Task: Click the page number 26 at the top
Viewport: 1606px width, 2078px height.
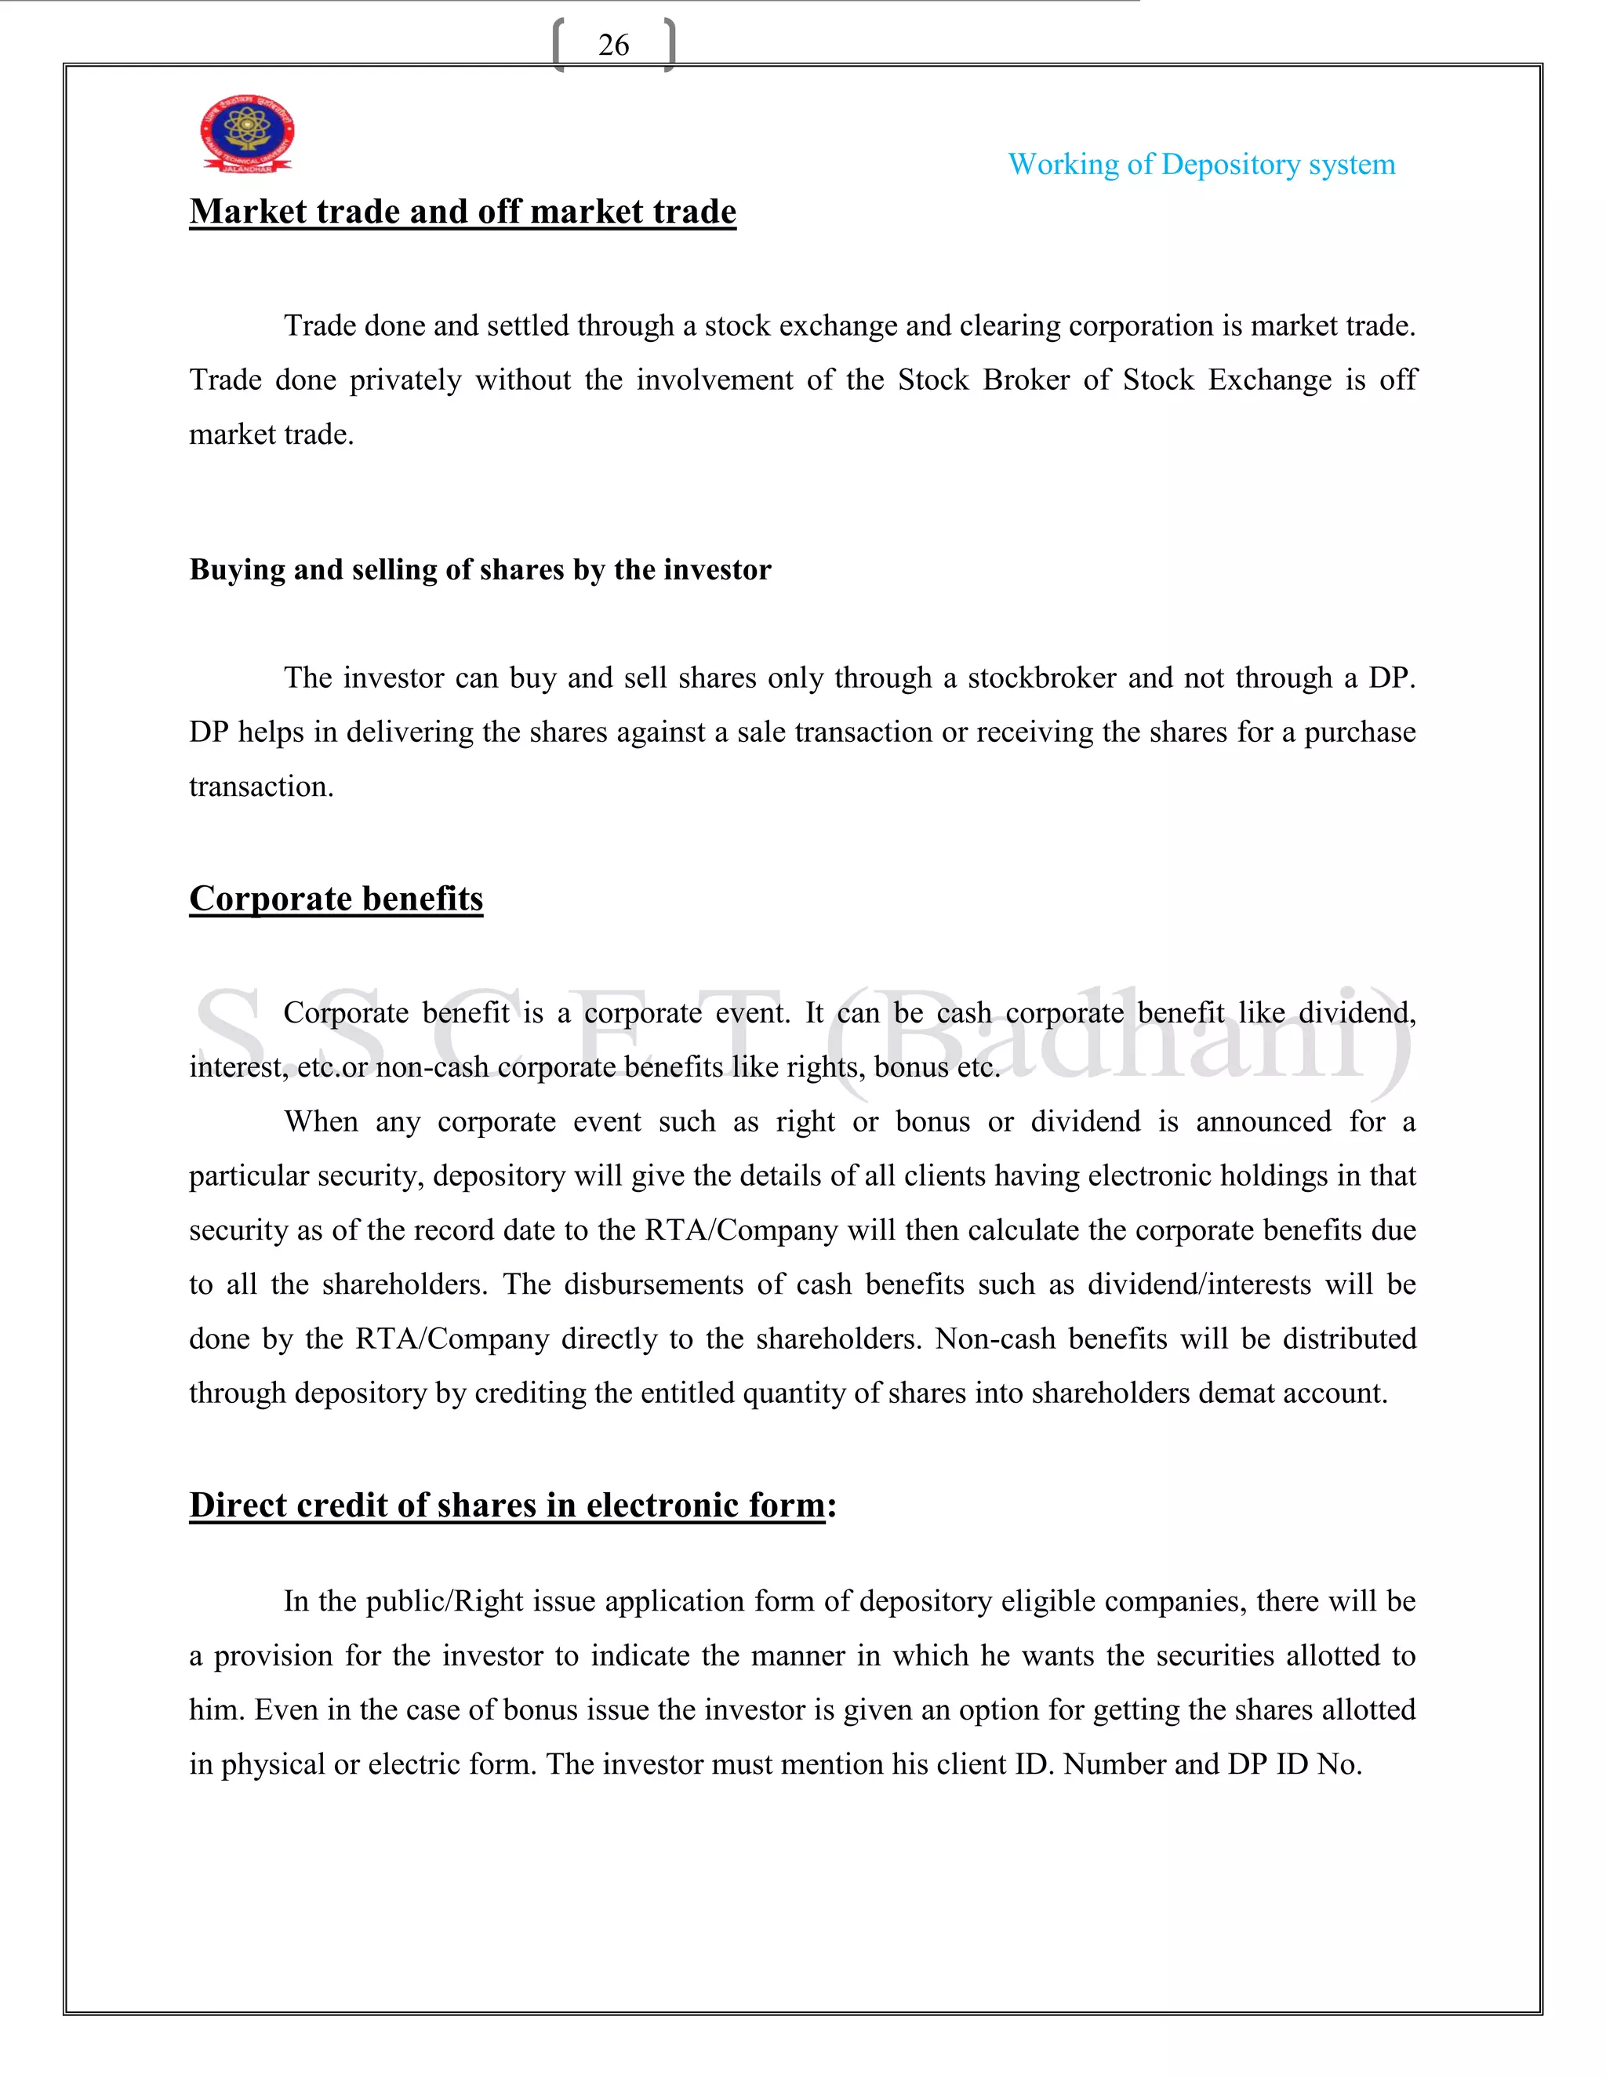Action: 614,45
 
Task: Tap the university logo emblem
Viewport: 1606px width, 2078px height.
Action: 246,133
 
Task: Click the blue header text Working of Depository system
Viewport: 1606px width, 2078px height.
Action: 1201,165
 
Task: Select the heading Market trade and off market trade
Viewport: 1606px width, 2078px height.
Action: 463,211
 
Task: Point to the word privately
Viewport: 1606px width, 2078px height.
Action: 405,380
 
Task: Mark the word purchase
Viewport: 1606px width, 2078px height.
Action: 1359,732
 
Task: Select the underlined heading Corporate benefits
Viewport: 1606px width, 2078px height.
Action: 336,898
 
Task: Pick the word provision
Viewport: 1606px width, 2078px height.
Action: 274,1655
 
